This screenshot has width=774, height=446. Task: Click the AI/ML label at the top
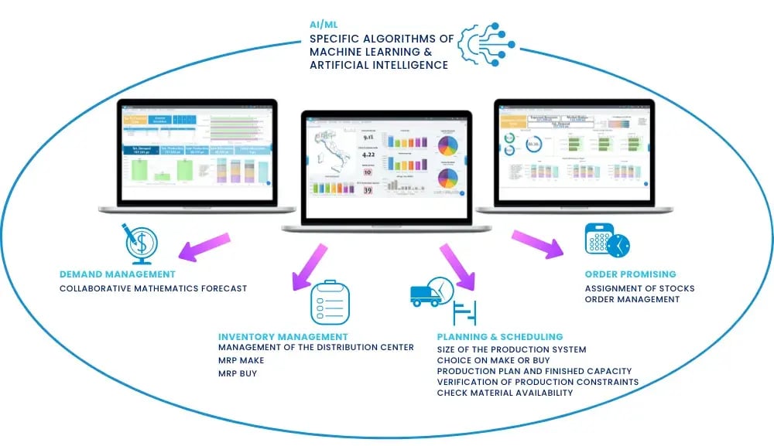(x=324, y=24)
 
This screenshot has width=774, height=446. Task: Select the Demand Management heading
(x=118, y=274)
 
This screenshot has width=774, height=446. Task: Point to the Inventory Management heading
(x=283, y=336)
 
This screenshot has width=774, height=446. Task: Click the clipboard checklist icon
(x=330, y=302)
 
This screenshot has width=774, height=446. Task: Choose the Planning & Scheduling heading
(x=500, y=337)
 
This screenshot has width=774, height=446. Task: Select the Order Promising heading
(x=630, y=274)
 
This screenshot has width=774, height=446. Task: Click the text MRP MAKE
(x=241, y=360)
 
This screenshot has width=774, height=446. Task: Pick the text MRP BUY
(x=238, y=373)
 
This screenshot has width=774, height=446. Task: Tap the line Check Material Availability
(x=505, y=393)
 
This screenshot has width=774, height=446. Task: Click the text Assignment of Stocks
(x=639, y=288)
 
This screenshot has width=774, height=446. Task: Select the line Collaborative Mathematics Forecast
(x=153, y=288)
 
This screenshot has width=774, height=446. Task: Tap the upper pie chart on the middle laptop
(x=447, y=145)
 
